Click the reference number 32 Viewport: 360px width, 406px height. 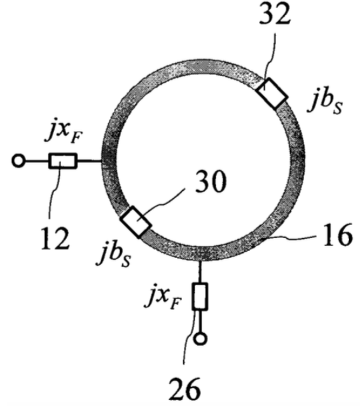point(274,15)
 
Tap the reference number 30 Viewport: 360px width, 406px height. point(211,182)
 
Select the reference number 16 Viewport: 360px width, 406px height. point(336,235)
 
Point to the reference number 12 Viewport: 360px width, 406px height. point(55,239)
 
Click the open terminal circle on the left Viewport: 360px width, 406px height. point(18,161)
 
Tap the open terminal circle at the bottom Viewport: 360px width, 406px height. point(200,338)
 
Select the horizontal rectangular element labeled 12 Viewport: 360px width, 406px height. point(63,161)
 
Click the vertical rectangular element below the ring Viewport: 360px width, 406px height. point(200,296)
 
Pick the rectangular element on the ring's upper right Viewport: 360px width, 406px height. point(272,93)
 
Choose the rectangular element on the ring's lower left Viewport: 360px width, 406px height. point(135,222)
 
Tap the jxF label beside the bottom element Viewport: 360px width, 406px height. point(163,297)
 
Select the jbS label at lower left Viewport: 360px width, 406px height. point(113,255)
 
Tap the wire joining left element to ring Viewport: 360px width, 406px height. point(90,161)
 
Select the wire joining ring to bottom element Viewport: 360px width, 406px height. point(200,271)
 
